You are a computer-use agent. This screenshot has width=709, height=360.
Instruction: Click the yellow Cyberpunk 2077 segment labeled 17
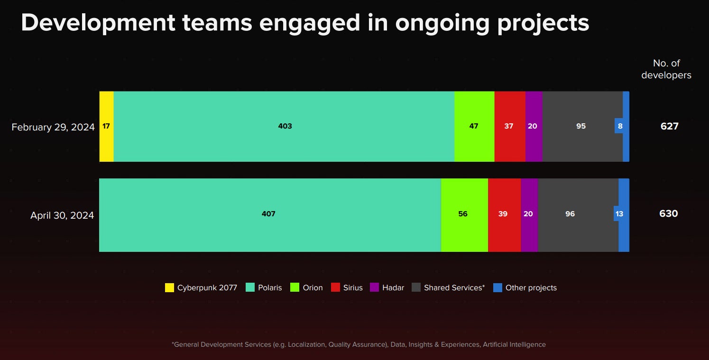pos(106,126)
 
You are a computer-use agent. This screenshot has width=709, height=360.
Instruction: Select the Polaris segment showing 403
pos(285,126)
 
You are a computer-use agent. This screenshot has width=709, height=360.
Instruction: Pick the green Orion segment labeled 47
pos(474,126)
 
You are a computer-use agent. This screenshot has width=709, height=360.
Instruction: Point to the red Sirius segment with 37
pos(509,126)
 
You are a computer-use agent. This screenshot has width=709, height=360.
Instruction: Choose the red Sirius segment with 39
pos(504,214)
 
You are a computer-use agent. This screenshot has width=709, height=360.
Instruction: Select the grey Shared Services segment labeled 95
pos(581,126)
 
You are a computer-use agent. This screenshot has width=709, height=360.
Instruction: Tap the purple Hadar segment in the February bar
pos(533,126)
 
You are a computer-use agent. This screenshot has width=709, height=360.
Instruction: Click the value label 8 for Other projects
pos(620,126)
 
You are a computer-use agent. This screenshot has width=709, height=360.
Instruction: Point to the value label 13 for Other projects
pos(619,214)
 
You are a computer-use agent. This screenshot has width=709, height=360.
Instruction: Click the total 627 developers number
pos(669,126)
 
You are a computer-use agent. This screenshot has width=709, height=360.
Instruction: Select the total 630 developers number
pos(668,214)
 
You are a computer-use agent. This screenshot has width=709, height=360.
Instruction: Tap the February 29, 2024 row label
pos(53,127)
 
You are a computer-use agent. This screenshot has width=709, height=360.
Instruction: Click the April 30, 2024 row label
pos(62,215)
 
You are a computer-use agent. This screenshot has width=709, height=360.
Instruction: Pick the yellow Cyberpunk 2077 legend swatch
pos(169,287)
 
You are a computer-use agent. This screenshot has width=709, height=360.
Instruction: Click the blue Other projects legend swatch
pos(497,287)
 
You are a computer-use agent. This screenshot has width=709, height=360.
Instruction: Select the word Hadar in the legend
pos(393,287)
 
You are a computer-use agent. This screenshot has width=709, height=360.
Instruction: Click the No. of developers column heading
pos(666,69)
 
